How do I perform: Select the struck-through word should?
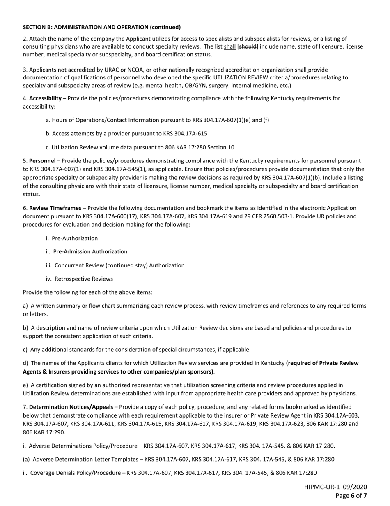pos(248,46)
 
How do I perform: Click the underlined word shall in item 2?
pos(229,46)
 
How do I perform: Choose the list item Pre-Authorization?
pos(75,238)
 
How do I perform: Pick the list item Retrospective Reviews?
pos(83,279)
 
